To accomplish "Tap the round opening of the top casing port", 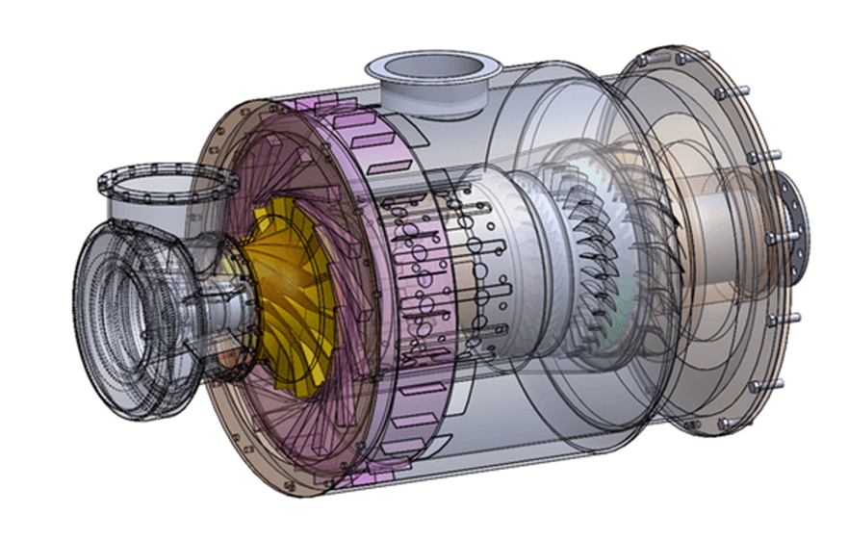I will coord(431,69).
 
